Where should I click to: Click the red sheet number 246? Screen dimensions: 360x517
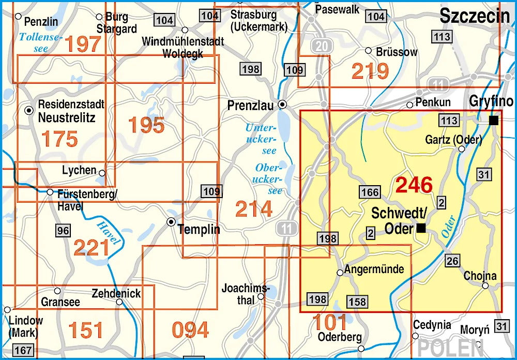click(414, 185)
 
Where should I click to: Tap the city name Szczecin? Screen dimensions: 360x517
click(475, 17)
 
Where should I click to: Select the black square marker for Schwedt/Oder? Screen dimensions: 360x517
click(422, 228)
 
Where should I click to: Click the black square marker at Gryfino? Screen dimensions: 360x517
click(494, 121)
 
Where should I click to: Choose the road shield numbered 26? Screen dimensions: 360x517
click(452, 261)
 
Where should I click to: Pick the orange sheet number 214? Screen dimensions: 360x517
click(253, 209)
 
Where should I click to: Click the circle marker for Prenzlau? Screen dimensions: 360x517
click(282, 104)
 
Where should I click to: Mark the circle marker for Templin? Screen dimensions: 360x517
click(171, 222)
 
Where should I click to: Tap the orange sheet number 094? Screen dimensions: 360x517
click(190, 330)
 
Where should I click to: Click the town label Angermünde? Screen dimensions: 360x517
click(374, 269)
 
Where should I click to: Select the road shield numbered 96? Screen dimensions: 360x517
click(63, 231)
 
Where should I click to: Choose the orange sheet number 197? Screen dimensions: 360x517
click(83, 44)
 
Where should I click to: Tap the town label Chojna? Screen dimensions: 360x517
click(480, 276)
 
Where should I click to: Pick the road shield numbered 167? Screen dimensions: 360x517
click(23, 350)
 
